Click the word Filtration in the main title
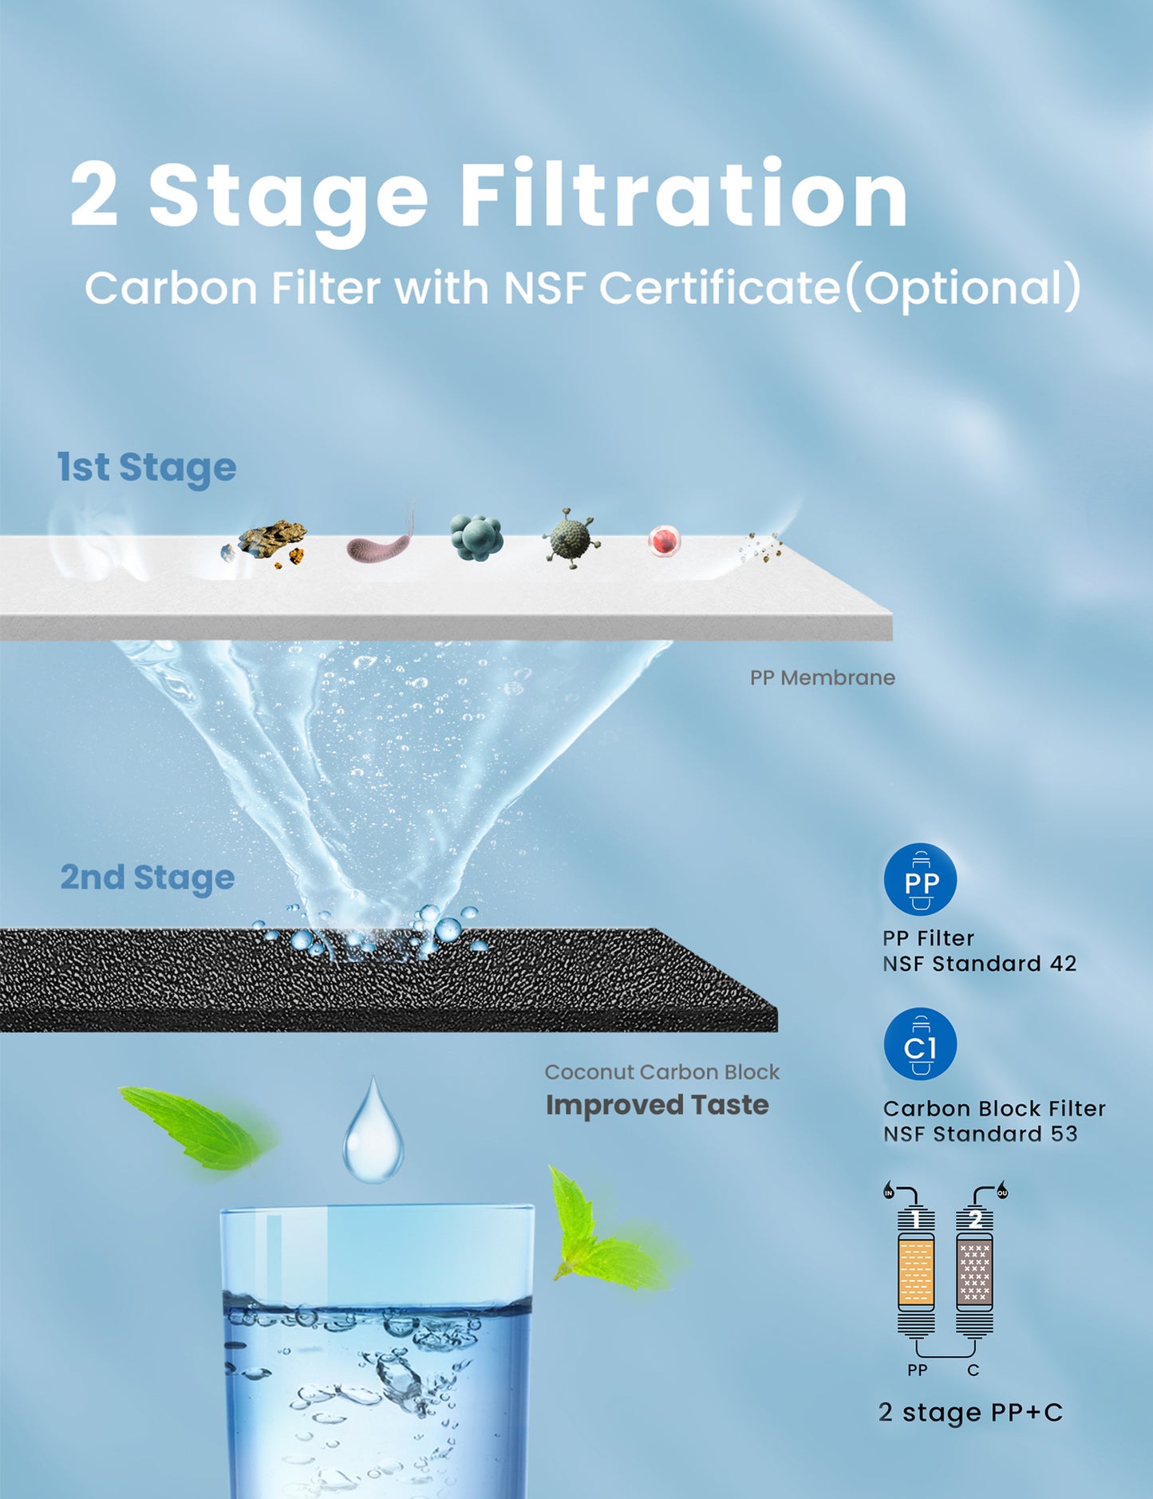tap(684, 195)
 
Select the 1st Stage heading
tap(147, 467)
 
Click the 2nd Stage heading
tap(148, 878)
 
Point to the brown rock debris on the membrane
tap(266, 542)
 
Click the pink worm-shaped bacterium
tap(381, 539)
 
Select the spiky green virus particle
tap(571, 538)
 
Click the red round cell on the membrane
tap(664, 541)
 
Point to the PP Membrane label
tap(823, 677)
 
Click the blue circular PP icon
tap(920, 879)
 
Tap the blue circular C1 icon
tap(920, 1044)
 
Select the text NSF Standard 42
tap(980, 964)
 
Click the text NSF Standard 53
tap(981, 1134)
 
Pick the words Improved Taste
tap(657, 1105)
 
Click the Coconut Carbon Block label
tap(662, 1072)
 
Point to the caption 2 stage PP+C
tap(971, 1413)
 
